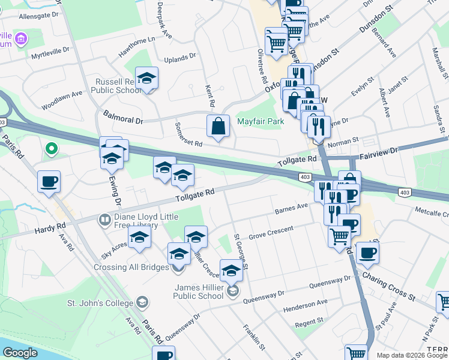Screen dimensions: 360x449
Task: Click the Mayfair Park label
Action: pos(260,121)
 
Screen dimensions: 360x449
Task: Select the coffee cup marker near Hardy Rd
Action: pos(49,181)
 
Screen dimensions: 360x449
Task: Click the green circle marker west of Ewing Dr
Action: pos(52,148)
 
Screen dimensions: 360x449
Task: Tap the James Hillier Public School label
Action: pos(198,291)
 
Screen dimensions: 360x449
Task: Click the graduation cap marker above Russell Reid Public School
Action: pos(146,79)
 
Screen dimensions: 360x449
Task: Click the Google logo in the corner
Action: pos(20,353)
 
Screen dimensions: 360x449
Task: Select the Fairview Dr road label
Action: pos(379,155)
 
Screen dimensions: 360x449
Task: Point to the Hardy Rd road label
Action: pos(50,227)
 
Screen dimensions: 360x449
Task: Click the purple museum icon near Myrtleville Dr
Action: pos(22,40)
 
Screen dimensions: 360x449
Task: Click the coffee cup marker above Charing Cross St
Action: pos(367,253)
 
